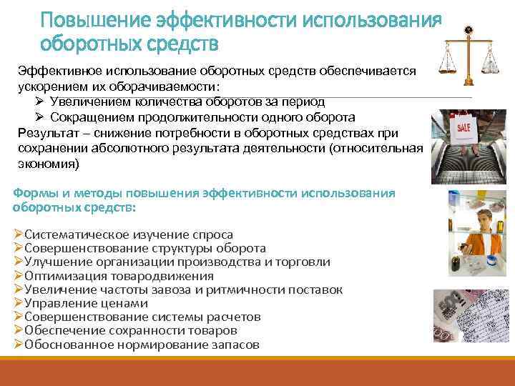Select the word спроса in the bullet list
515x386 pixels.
pos(213,234)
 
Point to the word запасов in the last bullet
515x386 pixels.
pos(234,344)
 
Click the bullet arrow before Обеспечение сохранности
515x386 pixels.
pos(19,330)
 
